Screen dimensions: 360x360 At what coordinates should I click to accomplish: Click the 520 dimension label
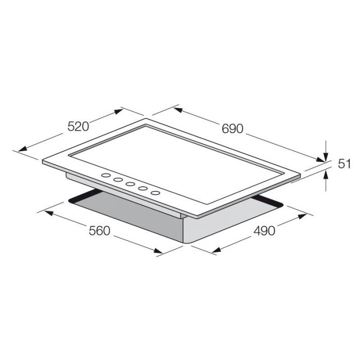(x=78, y=127)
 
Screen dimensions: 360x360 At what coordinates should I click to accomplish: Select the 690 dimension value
(x=232, y=129)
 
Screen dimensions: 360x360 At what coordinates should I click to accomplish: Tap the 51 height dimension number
(x=345, y=164)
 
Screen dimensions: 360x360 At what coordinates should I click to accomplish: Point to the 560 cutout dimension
(x=100, y=231)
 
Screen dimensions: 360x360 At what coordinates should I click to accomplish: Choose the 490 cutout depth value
(x=264, y=231)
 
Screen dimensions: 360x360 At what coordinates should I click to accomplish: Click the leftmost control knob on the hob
(x=106, y=175)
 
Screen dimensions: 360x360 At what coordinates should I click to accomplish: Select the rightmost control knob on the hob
(x=155, y=193)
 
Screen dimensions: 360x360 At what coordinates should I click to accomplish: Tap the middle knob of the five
(x=130, y=184)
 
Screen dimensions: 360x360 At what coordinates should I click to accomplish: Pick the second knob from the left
(x=118, y=180)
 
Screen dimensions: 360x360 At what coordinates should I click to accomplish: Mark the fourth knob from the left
(x=143, y=189)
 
